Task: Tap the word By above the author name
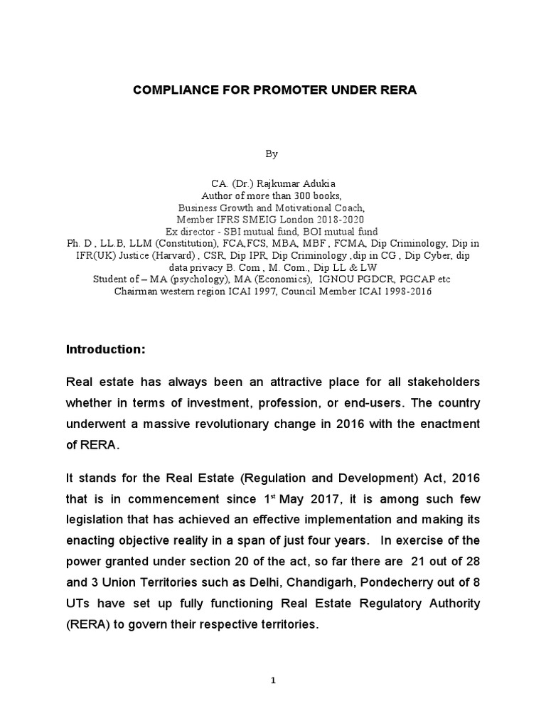click(x=273, y=154)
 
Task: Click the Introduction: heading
click(x=105, y=350)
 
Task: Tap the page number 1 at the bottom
click(x=273, y=680)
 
